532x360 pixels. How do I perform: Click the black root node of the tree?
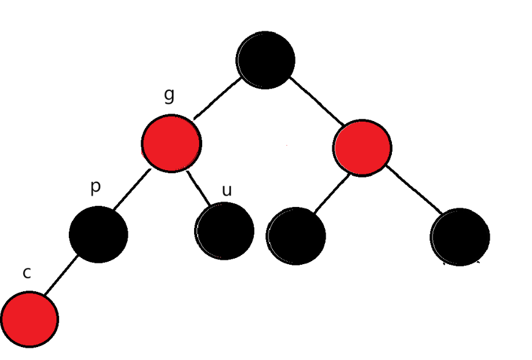pyautogui.click(x=266, y=60)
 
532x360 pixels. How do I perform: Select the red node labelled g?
pyautogui.click(x=171, y=143)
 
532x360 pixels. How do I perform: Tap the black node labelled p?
pyautogui.click(x=98, y=234)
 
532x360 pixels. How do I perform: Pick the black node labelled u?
pyautogui.click(x=225, y=231)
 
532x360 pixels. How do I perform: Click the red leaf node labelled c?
pyautogui.click(x=29, y=319)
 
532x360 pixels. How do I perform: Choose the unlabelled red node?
pyautogui.click(x=362, y=147)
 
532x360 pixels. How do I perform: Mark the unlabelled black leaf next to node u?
pyautogui.click(x=296, y=236)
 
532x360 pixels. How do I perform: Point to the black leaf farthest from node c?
pyautogui.click(x=460, y=237)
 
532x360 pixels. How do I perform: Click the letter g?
pyautogui.click(x=170, y=95)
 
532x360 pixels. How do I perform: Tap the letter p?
pyautogui.click(x=95, y=187)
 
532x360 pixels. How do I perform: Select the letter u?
pyautogui.click(x=227, y=190)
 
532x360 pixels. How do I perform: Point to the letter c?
pyautogui.click(x=26, y=273)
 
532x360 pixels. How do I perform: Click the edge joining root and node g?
pyautogui.click(x=217, y=98)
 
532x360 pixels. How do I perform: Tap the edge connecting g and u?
pyautogui.click(x=198, y=187)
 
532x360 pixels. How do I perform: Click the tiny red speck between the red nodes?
pyautogui.click(x=288, y=146)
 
